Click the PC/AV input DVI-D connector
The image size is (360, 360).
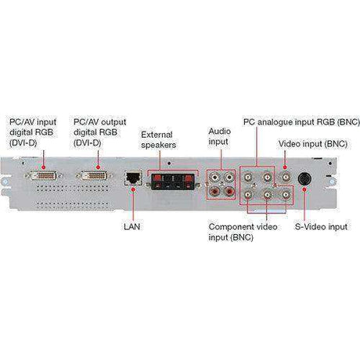point(44,175)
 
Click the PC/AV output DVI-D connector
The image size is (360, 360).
point(94,175)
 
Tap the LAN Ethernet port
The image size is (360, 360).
point(133,178)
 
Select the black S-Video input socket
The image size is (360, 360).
point(304,178)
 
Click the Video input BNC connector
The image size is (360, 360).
point(286,178)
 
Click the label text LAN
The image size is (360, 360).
point(132,226)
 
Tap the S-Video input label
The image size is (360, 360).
point(321,226)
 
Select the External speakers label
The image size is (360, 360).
point(158,140)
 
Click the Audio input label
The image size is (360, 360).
point(219,136)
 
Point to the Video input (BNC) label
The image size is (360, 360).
point(313,144)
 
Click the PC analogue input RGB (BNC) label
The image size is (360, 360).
point(301,122)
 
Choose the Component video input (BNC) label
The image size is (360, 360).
point(243,232)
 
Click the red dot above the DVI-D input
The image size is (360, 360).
point(44,167)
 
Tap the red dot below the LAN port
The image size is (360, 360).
point(133,189)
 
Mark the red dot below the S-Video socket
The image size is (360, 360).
point(304,189)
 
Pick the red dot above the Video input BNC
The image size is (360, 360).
point(285,167)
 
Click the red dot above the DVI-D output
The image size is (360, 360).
point(98,167)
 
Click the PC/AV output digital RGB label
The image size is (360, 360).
point(100,132)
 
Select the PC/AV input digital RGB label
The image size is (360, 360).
point(33,132)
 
